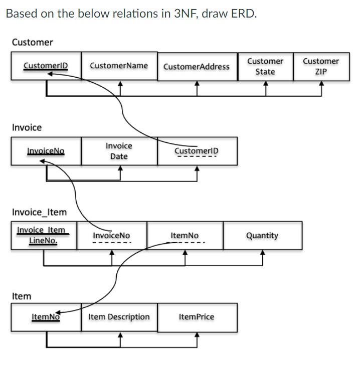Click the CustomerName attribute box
click(x=119, y=66)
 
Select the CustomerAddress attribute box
click(x=197, y=66)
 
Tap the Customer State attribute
click(x=265, y=66)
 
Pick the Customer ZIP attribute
click(x=321, y=66)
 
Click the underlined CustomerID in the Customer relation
click(x=46, y=66)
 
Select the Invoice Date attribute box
click(x=119, y=151)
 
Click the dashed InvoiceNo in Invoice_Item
click(x=111, y=235)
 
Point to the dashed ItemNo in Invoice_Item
click(x=185, y=235)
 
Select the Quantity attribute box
click(x=262, y=235)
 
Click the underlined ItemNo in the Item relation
click(x=46, y=317)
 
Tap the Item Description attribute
click(x=119, y=317)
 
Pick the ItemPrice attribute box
click(x=197, y=317)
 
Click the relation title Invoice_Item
click(x=39, y=212)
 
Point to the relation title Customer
click(x=32, y=42)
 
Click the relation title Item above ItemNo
click(x=21, y=296)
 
